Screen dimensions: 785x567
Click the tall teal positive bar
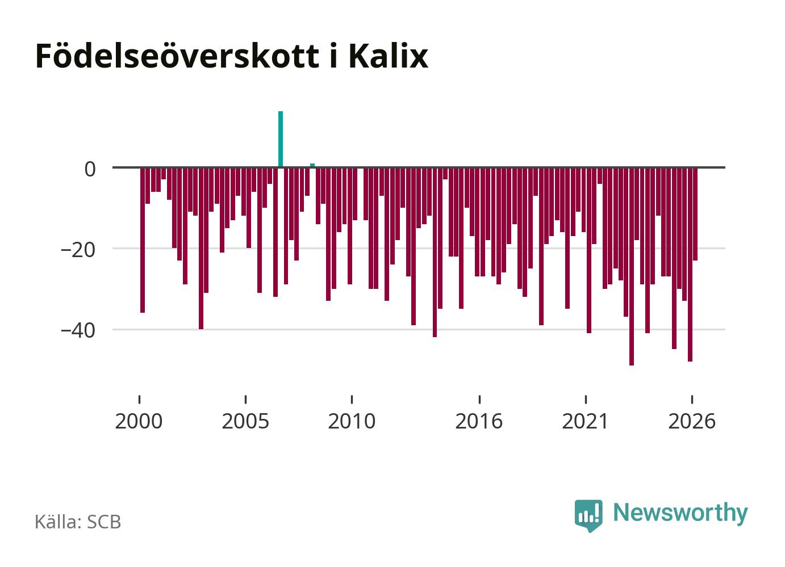pos(281,139)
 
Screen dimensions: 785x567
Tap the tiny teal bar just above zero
pos(312,165)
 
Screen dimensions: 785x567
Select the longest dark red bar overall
pos(632,267)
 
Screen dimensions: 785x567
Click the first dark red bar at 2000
pos(143,240)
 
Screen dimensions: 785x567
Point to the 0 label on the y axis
pos(90,169)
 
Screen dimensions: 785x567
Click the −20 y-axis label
pos(78,250)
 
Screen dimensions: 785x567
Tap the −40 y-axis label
pos(78,331)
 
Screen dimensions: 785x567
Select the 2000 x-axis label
pos(139,421)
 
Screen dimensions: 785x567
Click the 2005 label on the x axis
pos(245,421)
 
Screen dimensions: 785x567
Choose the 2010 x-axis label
pos(352,421)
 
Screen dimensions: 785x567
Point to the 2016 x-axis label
pos(479,421)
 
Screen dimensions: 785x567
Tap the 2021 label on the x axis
pos(585,421)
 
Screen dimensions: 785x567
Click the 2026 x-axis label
pos(692,421)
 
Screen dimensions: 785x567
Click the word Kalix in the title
pos(389,56)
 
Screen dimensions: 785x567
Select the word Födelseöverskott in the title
pos(177,56)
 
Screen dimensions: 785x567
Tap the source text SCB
pos(104,522)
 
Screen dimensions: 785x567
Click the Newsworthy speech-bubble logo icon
pos(588,515)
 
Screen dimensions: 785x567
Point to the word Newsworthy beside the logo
pos(680,514)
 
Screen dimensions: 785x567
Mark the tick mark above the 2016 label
pos(479,399)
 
